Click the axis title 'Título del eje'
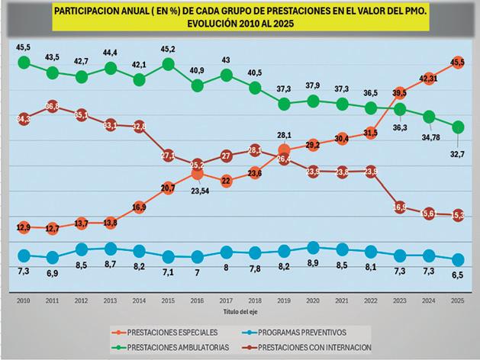(240, 312)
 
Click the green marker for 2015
(168, 64)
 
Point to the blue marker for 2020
(312, 246)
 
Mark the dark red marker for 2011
(53, 107)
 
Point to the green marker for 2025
(456, 126)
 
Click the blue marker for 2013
(110, 249)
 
